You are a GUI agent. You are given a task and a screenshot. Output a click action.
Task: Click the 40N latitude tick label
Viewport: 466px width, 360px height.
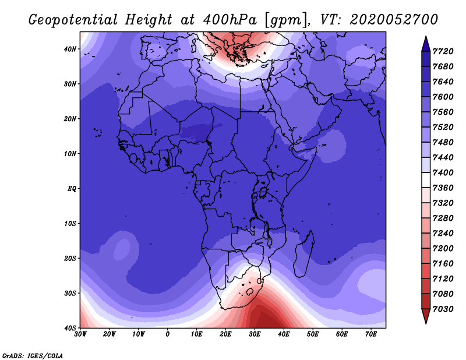coord(70,49)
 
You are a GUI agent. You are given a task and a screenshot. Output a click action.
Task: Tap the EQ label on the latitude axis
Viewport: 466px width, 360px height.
coord(72,189)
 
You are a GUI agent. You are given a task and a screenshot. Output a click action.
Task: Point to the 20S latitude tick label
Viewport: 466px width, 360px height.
coord(70,258)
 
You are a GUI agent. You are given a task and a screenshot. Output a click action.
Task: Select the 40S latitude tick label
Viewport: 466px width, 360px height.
coord(70,328)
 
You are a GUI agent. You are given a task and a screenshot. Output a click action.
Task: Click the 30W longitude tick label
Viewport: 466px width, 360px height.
coord(80,334)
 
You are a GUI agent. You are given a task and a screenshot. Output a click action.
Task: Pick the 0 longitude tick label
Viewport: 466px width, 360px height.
coord(168,334)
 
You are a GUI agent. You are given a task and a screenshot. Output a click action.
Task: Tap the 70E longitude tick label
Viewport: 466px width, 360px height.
coord(371,334)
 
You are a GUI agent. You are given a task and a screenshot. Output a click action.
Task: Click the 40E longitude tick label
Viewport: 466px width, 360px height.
coord(284,334)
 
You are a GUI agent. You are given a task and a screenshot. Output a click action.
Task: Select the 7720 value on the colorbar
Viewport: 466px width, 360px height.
coord(443,51)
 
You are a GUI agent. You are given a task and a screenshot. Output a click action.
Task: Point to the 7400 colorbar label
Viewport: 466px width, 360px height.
coord(443,172)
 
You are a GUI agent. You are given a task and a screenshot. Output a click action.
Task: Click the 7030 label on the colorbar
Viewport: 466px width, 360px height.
coord(443,309)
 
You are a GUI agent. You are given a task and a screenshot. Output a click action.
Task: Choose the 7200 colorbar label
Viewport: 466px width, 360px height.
coord(443,249)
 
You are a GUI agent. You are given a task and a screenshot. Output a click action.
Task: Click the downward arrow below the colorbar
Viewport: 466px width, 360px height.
coord(426,316)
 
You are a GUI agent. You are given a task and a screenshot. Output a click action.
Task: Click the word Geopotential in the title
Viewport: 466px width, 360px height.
coord(73,20)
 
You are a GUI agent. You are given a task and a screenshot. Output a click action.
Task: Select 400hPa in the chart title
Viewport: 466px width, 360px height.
coord(230,20)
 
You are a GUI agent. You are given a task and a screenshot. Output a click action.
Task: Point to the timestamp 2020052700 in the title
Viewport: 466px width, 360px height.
coord(394,20)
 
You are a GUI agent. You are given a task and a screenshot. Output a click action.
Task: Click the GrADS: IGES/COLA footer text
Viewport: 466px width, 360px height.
coord(33,356)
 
